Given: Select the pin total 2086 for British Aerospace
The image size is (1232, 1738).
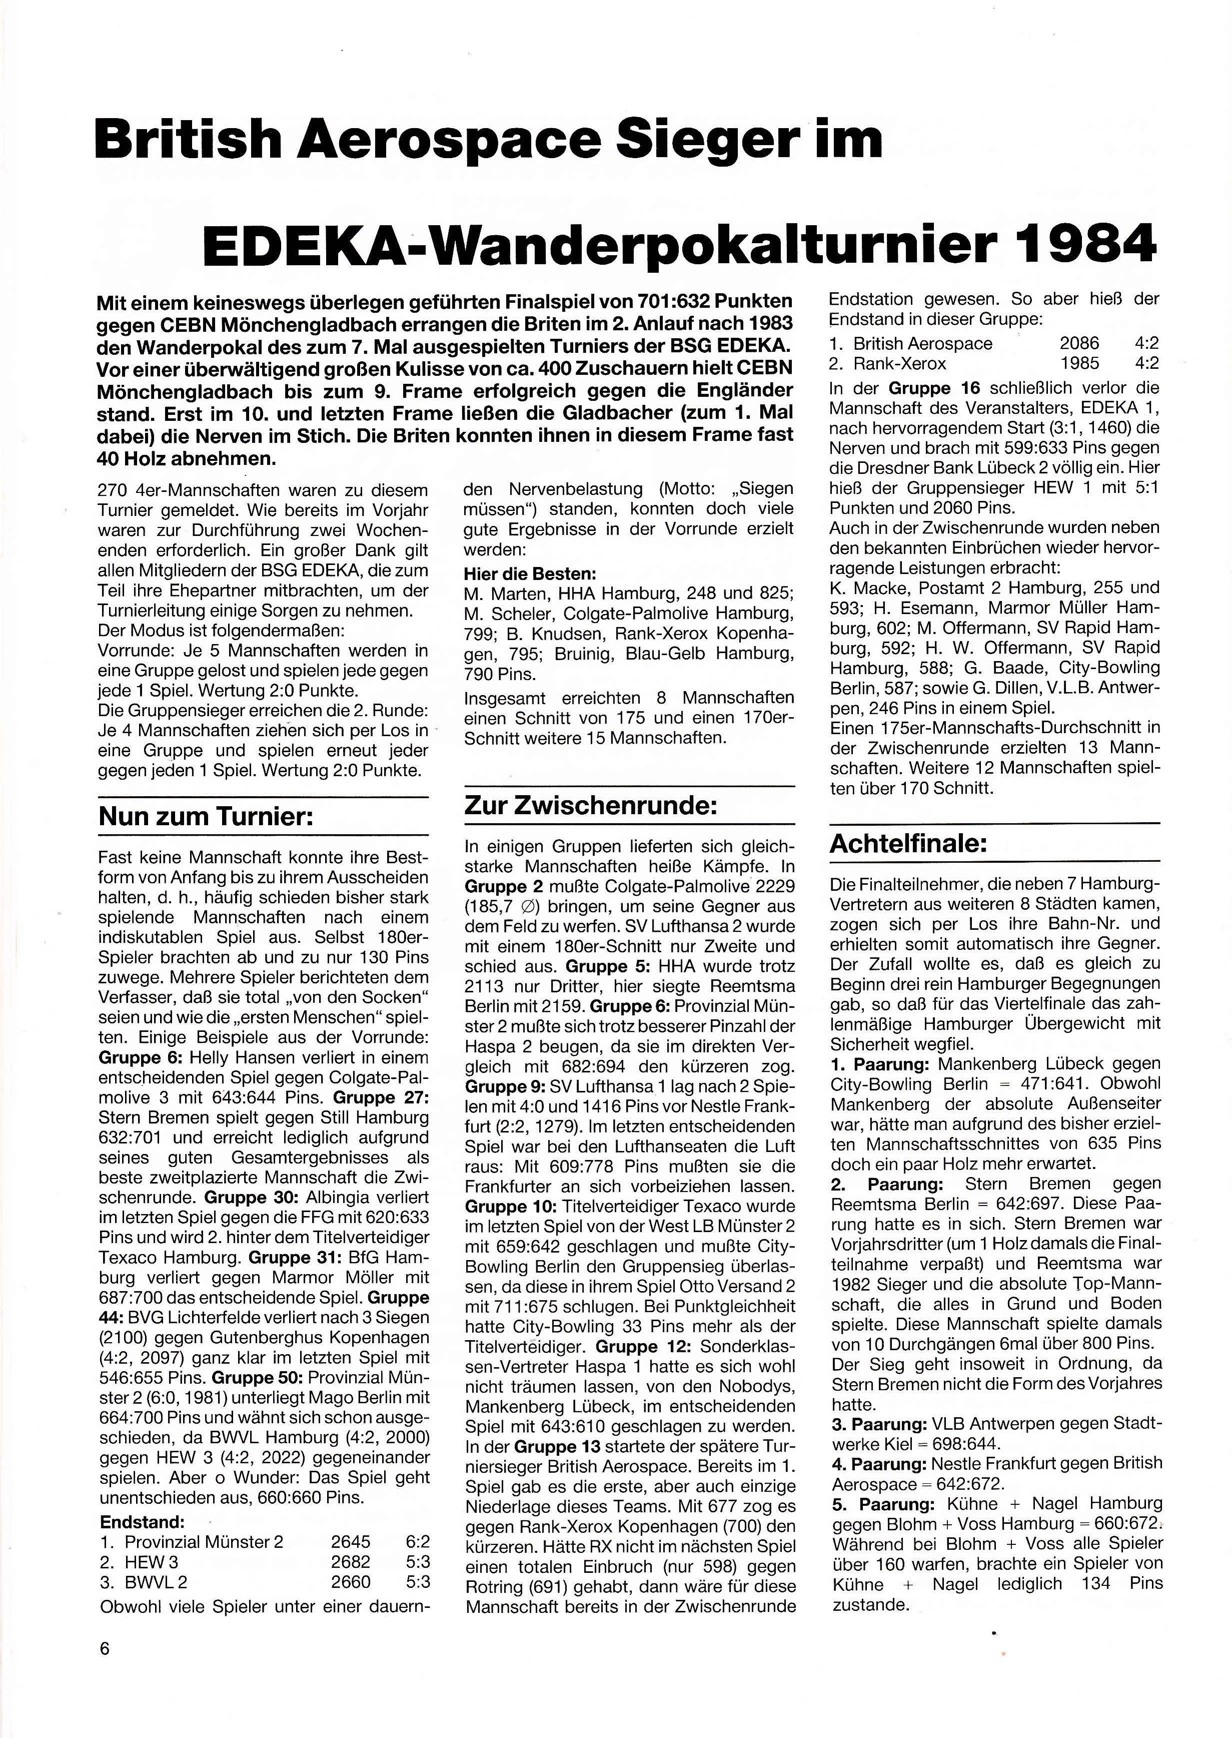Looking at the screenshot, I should [x=1079, y=344].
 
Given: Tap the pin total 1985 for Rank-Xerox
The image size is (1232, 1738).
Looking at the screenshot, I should [x=1079, y=363].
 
